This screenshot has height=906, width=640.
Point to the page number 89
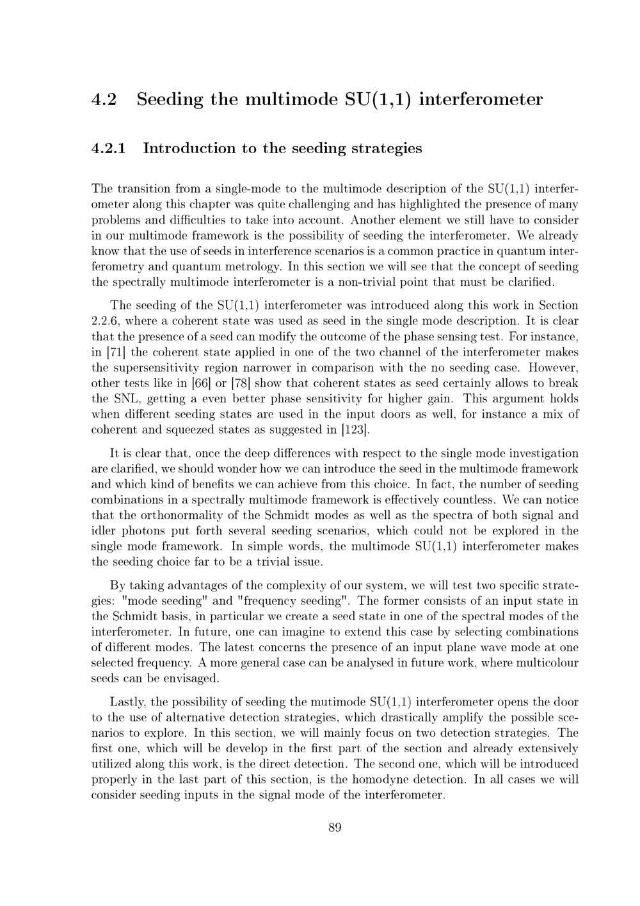point(335,828)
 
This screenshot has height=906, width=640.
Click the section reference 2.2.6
point(104,321)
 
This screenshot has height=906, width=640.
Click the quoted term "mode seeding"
point(160,601)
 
